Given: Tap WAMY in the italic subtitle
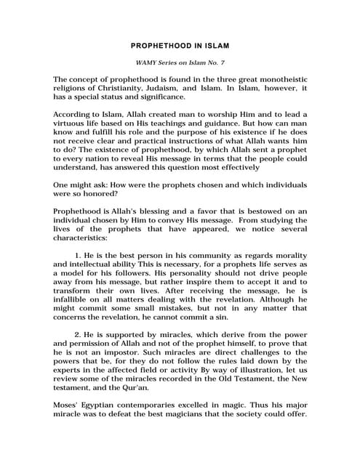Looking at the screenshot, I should (141, 64).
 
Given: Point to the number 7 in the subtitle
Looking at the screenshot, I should (221, 64).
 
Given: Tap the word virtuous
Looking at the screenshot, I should (75, 126).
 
